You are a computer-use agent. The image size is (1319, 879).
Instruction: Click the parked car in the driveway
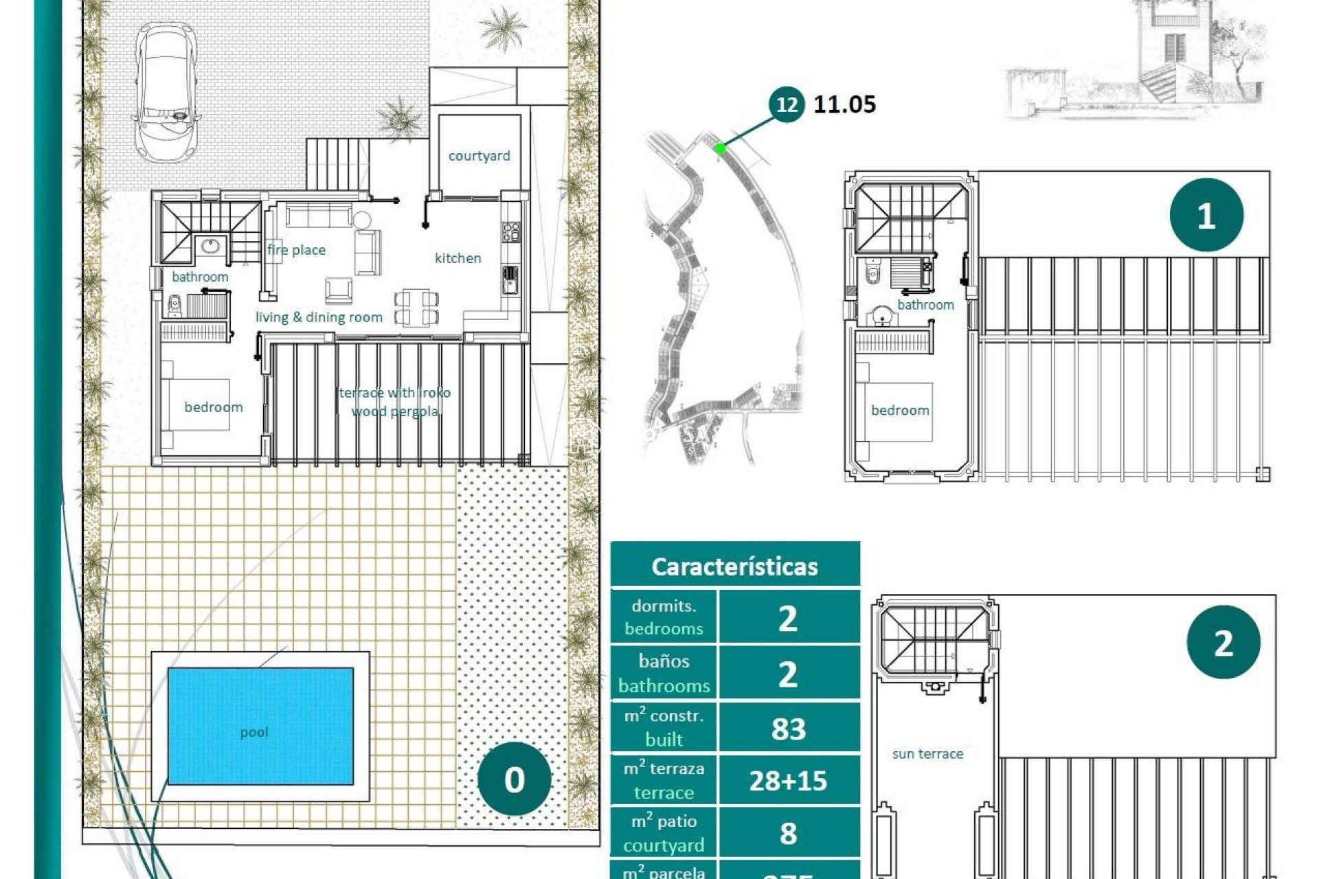pyautogui.click(x=167, y=93)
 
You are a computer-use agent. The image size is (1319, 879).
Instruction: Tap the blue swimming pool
pyautogui.click(x=261, y=726)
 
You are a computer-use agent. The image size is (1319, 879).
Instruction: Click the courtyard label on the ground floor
pyautogui.click(x=479, y=156)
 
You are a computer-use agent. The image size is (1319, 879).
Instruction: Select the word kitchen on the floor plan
pyautogui.click(x=458, y=258)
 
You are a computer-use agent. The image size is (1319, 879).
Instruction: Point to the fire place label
pyautogui.click(x=296, y=250)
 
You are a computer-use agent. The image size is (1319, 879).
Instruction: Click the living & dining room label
pyautogui.click(x=319, y=317)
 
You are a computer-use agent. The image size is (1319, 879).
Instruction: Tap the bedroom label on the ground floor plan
pyautogui.click(x=213, y=407)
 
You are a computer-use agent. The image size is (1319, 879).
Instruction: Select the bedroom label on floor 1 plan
pyautogui.click(x=899, y=411)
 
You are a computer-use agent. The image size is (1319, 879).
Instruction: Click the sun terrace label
pyautogui.click(x=927, y=754)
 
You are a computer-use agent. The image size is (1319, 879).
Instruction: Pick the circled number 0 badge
pyautogui.click(x=514, y=779)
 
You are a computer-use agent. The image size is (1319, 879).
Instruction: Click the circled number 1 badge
pyautogui.click(x=1206, y=216)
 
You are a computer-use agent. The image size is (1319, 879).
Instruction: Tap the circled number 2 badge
pyautogui.click(x=1223, y=643)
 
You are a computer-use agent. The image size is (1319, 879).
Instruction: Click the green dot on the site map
pyautogui.click(x=720, y=148)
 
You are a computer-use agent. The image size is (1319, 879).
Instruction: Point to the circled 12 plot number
pyautogui.click(x=787, y=104)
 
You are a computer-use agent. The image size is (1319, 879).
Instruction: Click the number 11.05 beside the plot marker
pyautogui.click(x=844, y=104)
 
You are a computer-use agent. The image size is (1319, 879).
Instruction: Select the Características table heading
pyautogui.click(x=734, y=567)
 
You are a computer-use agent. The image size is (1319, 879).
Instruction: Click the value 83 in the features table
pyautogui.click(x=788, y=729)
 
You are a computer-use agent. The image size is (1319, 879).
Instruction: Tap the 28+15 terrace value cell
pyautogui.click(x=788, y=781)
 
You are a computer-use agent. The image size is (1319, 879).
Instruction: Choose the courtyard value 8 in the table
pyautogui.click(x=788, y=833)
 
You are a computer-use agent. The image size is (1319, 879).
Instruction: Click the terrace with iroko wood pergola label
pyautogui.click(x=395, y=402)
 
